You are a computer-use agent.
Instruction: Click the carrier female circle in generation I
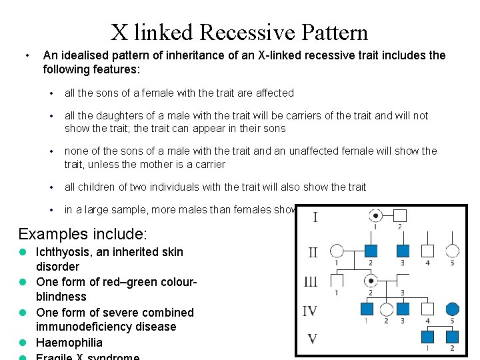coord(376,215)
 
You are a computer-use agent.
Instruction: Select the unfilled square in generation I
coord(399,215)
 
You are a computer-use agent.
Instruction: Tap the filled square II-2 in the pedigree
coord(371,251)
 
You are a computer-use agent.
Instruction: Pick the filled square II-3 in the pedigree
coord(402,251)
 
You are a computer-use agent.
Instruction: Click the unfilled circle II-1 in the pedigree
coord(337,251)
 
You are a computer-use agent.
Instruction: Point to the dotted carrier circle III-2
coord(371,281)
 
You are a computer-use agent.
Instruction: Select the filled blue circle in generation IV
coord(452,309)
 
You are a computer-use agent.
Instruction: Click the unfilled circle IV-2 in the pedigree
coord(386,309)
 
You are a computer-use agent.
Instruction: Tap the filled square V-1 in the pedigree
coord(427,337)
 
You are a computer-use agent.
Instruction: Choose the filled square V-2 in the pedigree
coord(452,337)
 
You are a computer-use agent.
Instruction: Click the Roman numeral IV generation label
coord(310,311)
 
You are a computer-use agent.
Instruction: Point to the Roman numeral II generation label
coord(313,253)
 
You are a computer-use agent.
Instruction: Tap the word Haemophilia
coord(69,343)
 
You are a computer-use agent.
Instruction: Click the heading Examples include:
coord(83,234)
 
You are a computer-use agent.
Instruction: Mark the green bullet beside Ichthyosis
coord(23,252)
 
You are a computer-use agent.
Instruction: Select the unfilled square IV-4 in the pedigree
coord(427,309)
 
